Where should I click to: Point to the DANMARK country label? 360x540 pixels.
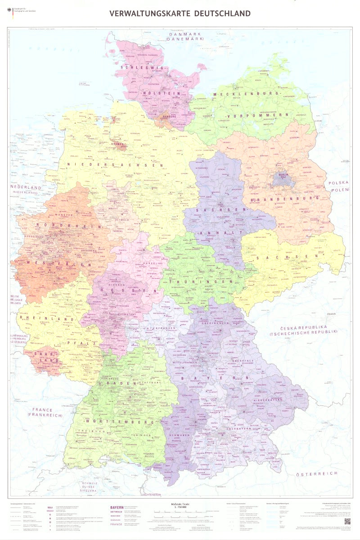[x=184, y=35]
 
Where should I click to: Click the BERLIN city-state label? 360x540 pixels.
[x=283, y=175]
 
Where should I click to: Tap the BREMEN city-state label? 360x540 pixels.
[x=118, y=144]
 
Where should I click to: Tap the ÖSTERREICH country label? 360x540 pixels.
[x=317, y=474]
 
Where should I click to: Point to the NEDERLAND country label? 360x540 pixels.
[x=26, y=187]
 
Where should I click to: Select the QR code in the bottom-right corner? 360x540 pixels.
[x=346, y=521]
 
